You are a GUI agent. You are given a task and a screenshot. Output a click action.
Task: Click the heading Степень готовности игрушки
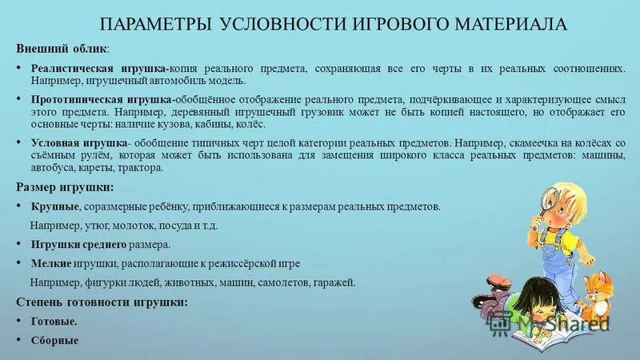coord(102,302)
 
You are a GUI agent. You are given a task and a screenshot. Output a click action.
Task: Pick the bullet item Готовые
coord(53,321)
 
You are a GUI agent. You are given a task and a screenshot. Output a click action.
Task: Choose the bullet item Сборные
coord(54,340)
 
